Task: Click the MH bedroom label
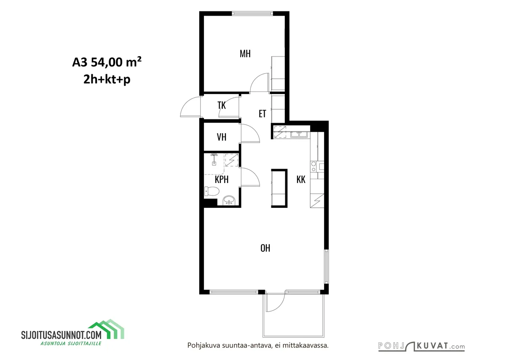[245, 54]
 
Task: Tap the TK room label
[222, 105]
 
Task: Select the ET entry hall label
[262, 113]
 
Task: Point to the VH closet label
[222, 137]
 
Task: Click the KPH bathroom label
[222, 179]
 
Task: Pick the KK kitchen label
[301, 180]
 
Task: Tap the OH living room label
[265, 248]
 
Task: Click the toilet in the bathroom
[212, 191]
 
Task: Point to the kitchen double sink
[299, 134]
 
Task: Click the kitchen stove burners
[313, 167]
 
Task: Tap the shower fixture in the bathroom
[214, 159]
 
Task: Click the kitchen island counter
[279, 188]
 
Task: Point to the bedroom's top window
[252, 13]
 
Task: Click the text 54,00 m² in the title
[116, 62]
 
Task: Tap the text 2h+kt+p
[107, 79]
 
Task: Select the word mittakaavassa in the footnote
[305, 346]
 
